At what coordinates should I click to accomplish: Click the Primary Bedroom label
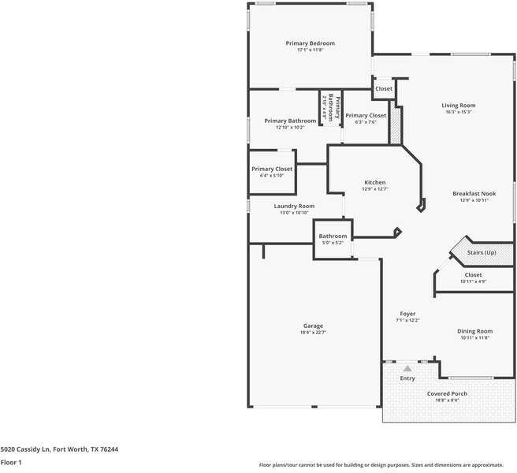coord(310,43)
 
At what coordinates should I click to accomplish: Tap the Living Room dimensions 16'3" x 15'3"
coord(458,112)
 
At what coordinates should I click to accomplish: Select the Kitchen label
coord(374,182)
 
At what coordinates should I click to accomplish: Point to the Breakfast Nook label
coord(474,193)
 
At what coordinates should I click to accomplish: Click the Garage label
coord(313,326)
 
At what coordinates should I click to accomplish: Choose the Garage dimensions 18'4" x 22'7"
coord(313,333)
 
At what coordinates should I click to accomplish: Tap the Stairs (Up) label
coord(482,252)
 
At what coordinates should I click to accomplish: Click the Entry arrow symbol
coord(407,368)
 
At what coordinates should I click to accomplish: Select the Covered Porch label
coord(447,393)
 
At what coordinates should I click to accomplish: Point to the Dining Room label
coord(475,331)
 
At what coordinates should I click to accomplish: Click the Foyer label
coord(407,314)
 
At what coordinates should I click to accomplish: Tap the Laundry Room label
coord(294,206)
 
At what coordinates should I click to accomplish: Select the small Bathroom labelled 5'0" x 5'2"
coord(333,236)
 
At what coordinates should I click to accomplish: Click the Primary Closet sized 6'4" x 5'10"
coord(272,169)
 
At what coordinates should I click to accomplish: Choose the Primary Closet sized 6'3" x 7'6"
coord(366,115)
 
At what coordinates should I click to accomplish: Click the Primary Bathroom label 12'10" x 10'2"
coord(290,121)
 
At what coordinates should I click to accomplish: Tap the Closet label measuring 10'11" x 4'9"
coord(473,274)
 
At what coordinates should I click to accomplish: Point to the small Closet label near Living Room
coord(383,89)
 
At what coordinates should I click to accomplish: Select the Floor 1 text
coord(11,462)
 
